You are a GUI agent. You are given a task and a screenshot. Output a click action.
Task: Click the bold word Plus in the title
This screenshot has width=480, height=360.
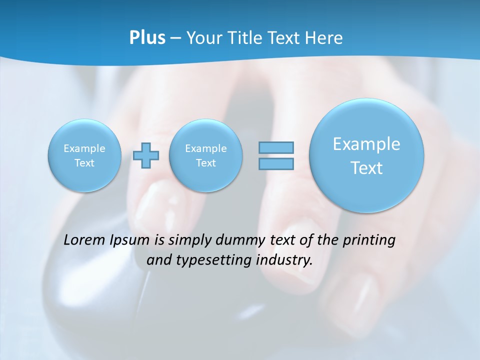147,38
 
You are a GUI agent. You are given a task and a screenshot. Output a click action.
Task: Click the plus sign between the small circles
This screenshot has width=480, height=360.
146,155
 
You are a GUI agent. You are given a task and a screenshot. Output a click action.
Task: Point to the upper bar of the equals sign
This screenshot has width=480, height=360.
276,147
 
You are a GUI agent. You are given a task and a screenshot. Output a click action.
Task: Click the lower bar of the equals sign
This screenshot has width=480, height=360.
276,163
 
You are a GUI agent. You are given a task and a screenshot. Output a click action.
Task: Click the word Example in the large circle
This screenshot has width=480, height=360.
366,144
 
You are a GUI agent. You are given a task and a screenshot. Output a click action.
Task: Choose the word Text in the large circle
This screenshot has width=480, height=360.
366,168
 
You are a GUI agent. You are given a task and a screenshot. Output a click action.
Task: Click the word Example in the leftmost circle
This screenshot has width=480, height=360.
84,148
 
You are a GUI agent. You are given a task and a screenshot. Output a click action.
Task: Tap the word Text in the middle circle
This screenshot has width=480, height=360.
205,163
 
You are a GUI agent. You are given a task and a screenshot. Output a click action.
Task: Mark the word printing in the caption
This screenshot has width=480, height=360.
370,240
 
